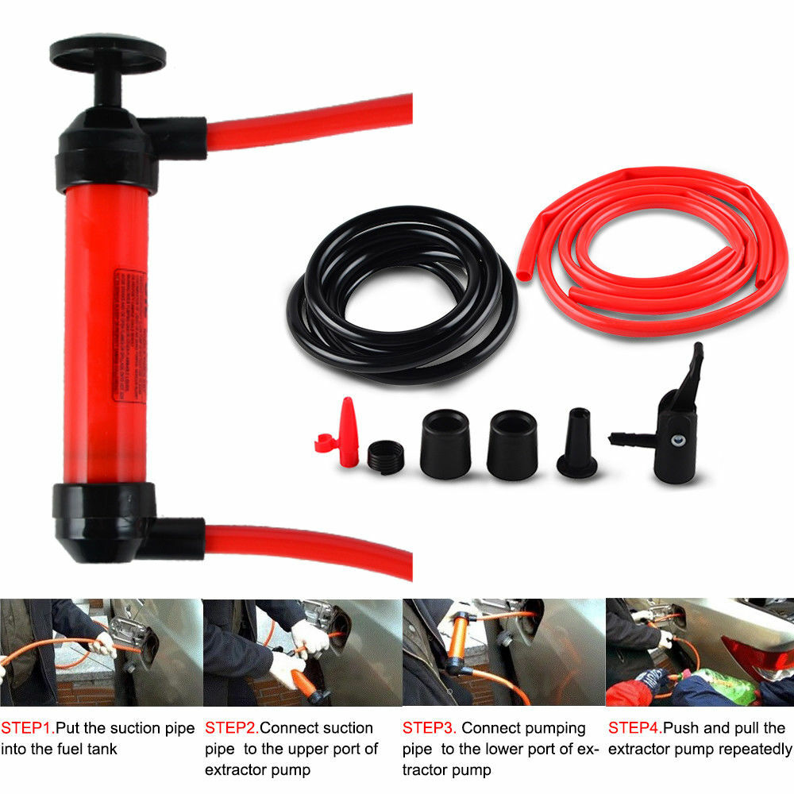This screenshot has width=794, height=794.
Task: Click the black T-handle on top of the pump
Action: coord(108,54)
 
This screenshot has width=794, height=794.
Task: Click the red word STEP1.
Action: coord(27,728)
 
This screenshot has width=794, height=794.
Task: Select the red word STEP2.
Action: coord(231,728)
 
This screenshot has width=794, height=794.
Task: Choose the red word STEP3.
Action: coord(429,728)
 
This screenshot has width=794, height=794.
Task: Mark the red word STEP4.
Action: coord(634,728)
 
